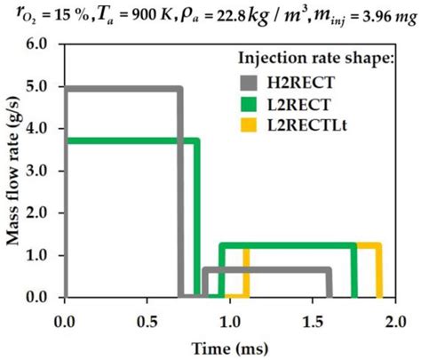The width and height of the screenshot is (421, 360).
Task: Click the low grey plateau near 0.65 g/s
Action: pyautogui.click(x=266, y=269)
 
